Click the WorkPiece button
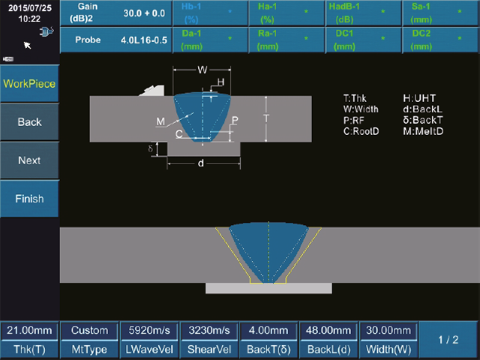click(29, 83)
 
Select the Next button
click(29, 160)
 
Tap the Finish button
click(29, 199)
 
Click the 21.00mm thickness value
click(29, 330)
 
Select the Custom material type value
click(90, 330)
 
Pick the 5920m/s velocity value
click(149, 330)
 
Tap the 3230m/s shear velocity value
click(209, 330)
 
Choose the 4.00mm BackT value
click(268, 330)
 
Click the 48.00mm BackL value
click(328, 330)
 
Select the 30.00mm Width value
click(388, 330)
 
